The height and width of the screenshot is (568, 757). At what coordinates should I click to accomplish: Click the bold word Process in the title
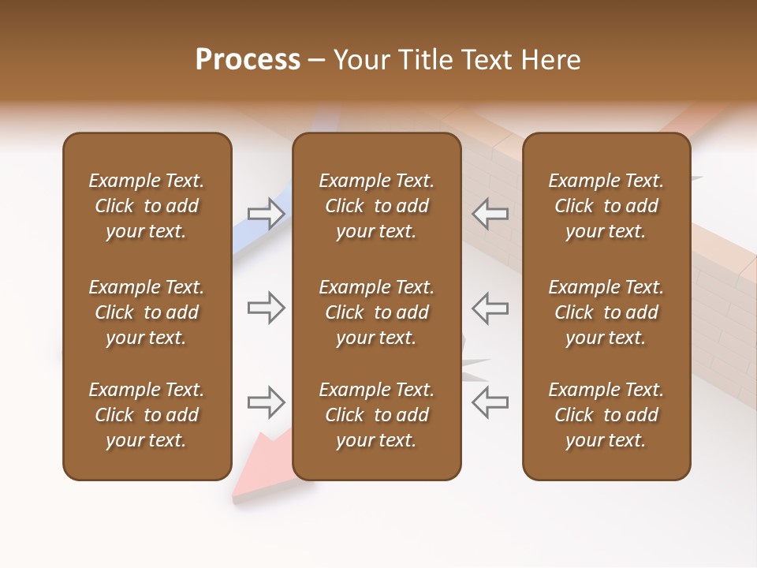248,60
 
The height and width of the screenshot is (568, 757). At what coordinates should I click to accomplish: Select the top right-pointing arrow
267,213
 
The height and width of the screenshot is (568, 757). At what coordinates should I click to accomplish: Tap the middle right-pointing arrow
267,308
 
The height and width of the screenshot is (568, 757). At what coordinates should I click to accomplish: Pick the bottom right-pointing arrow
267,402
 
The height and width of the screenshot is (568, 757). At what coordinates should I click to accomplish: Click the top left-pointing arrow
490,213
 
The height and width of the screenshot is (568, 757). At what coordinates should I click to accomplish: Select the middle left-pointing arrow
490,308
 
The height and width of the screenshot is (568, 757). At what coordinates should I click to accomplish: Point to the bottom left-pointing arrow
490,402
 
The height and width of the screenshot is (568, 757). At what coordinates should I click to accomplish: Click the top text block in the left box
147,206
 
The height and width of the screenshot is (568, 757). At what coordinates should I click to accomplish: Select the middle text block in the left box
147,312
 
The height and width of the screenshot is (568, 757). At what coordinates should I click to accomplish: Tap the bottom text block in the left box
147,415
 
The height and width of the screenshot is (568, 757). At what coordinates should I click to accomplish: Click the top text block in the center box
376,206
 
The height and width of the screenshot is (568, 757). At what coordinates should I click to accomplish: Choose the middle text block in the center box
376,312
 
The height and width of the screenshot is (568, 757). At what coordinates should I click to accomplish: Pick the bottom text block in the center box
376,415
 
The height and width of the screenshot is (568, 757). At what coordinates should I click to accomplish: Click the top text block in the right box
606,206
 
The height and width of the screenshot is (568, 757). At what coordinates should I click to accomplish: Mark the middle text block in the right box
606,312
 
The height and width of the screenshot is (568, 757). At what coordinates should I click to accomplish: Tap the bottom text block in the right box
606,415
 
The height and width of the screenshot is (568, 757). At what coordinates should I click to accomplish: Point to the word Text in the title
489,60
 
